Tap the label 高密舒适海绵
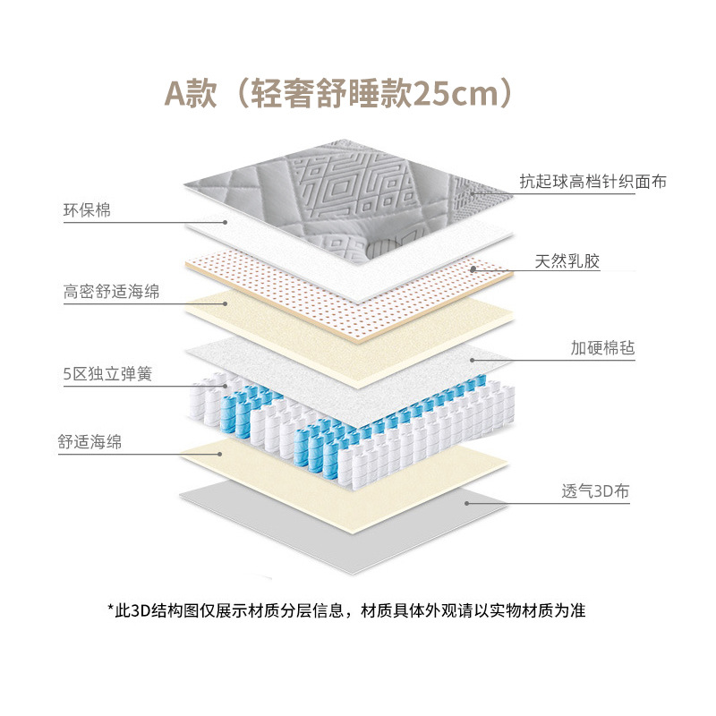112,292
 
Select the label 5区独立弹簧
107,373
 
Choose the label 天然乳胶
567,262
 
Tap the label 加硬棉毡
603,347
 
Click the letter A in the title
176,93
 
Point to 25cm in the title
472,93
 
